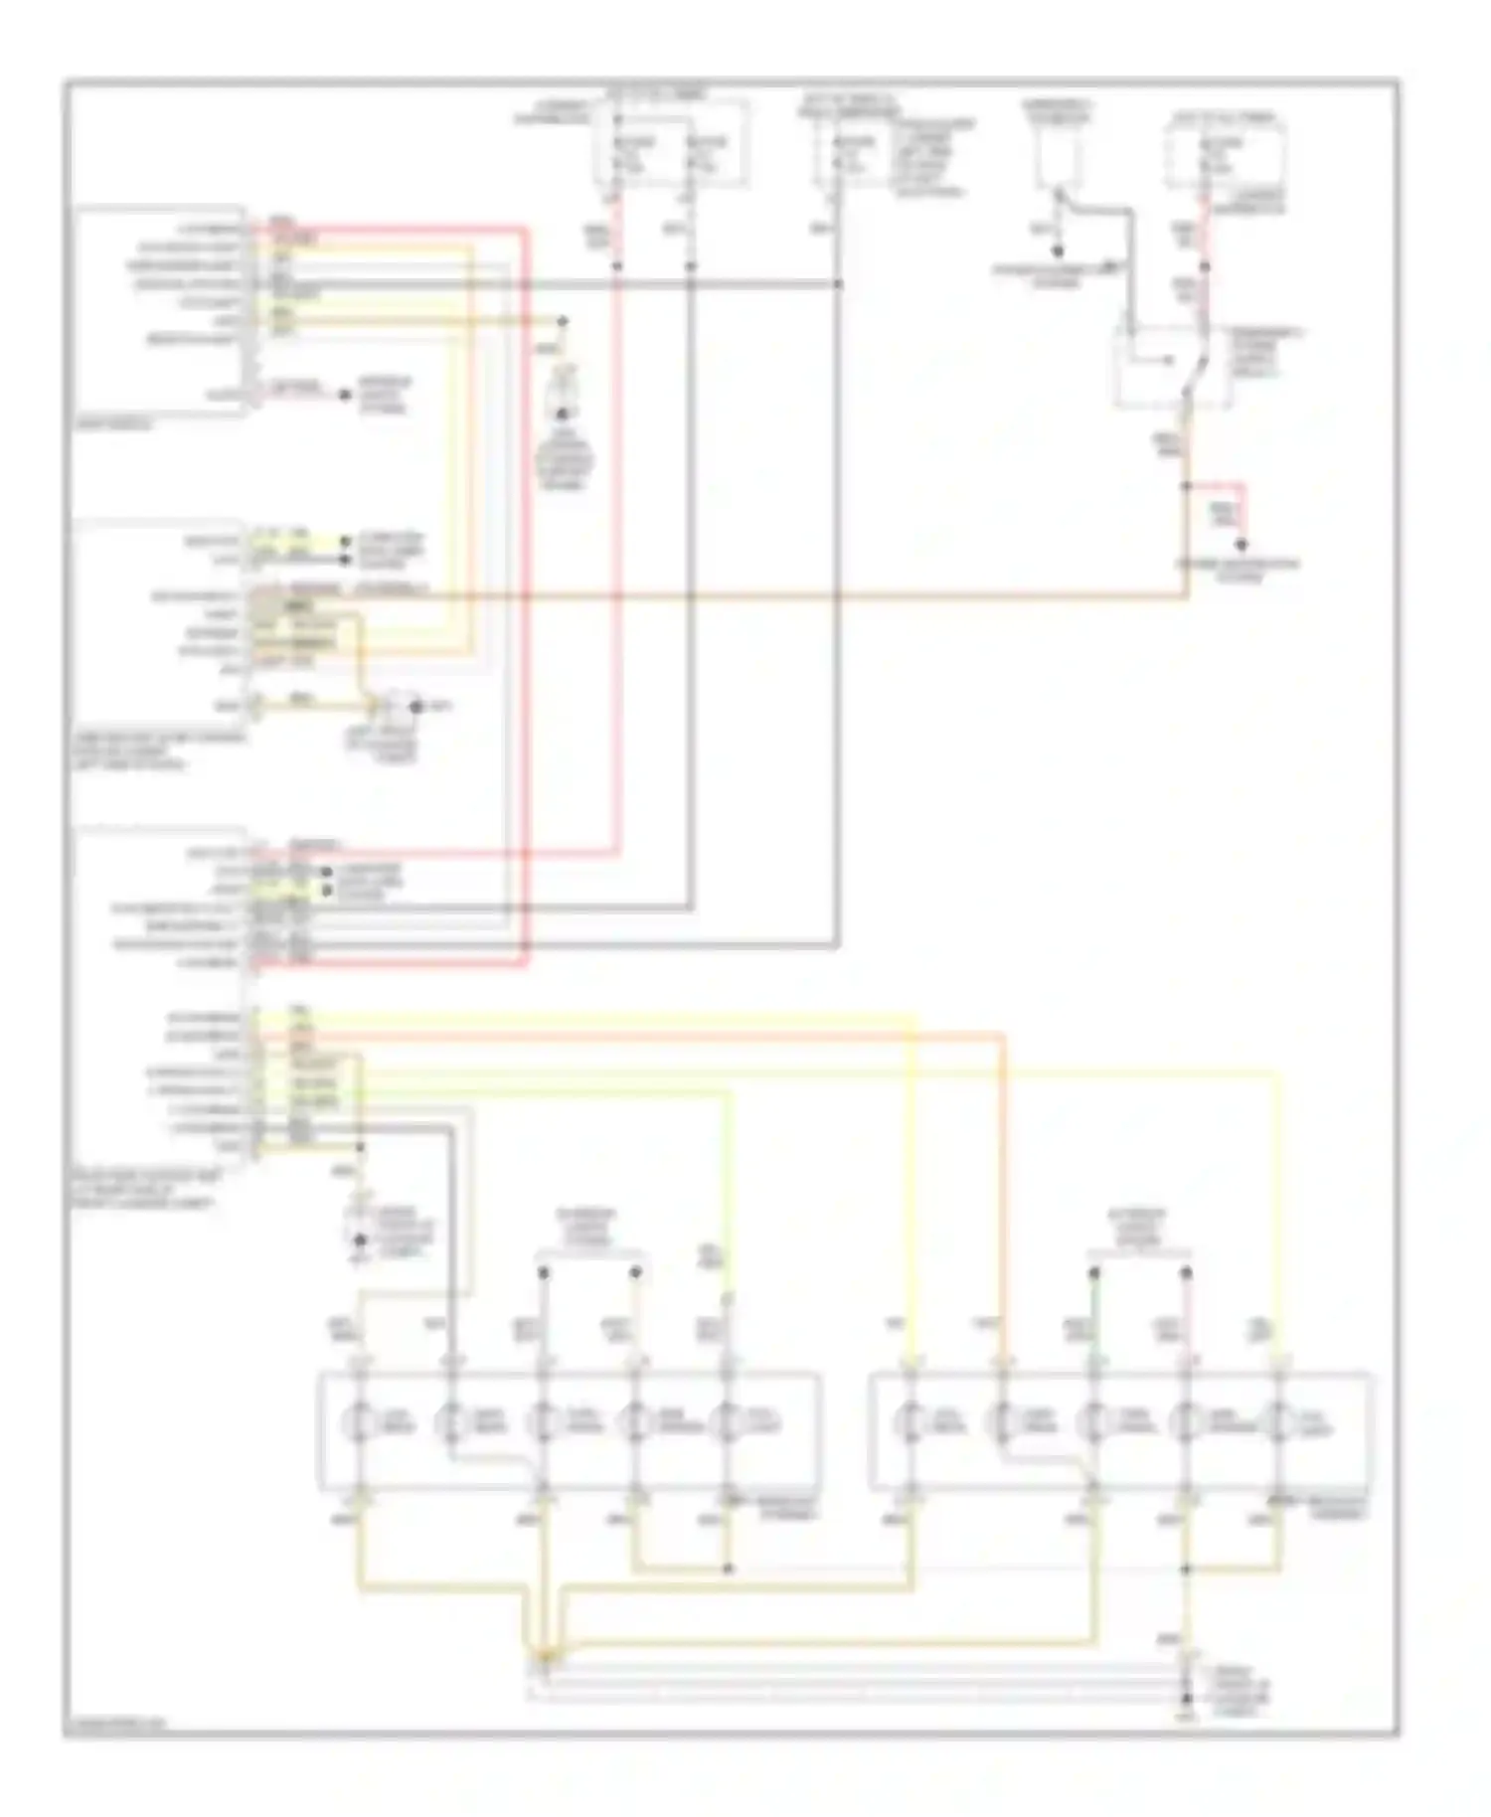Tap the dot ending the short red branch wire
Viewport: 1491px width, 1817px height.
tap(1241, 545)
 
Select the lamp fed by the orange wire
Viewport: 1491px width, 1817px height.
tap(1002, 1423)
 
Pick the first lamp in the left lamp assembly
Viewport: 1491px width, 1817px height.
tap(359, 1423)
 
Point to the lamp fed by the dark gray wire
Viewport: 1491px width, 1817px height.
tap(451, 1423)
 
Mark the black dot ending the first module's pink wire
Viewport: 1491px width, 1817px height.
tap(345, 395)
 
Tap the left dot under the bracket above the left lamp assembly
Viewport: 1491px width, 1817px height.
tap(544, 1271)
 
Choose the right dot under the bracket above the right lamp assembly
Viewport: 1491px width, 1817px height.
tap(1186, 1271)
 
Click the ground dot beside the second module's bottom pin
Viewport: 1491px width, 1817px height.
tap(417, 707)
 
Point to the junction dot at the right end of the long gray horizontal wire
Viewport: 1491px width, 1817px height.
tap(838, 284)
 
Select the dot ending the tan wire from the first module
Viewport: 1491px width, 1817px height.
tap(563, 321)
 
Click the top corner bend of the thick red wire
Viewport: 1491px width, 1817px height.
tap(525, 230)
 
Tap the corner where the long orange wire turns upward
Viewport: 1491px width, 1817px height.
tap(1186, 596)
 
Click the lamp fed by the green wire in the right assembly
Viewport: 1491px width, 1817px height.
tap(1094, 1423)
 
